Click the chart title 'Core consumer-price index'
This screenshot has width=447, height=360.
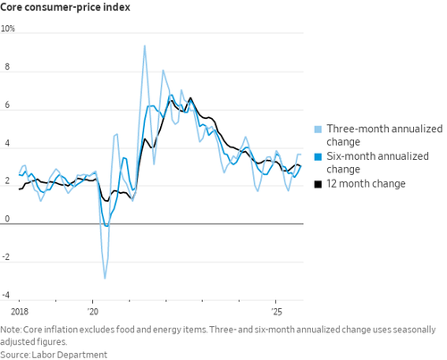click(65, 7)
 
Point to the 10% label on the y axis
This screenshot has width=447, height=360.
click(8, 29)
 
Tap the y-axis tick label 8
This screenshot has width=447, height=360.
click(7, 67)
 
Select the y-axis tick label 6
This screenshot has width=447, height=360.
click(7, 105)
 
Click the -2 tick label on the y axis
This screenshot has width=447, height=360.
click(6, 257)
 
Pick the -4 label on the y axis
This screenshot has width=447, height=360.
click(6, 295)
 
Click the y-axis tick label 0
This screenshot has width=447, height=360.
click(7, 219)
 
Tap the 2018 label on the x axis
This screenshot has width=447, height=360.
click(20, 312)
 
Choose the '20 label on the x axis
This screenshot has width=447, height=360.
click(93, 312)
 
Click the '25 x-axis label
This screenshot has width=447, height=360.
click(276, 312)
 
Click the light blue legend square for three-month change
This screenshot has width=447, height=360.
click(318, 130)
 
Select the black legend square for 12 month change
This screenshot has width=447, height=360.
click(318, 184)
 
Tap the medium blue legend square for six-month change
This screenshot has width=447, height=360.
click(318, 156)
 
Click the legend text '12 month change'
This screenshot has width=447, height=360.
click(366, 184)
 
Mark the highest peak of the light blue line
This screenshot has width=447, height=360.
click(145, 46)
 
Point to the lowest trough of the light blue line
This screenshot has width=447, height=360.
click(105, 279)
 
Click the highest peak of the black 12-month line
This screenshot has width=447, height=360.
click(190, 98)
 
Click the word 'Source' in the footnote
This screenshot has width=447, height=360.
click(15, 355)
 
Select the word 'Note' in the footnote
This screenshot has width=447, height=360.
click(11, 330)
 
